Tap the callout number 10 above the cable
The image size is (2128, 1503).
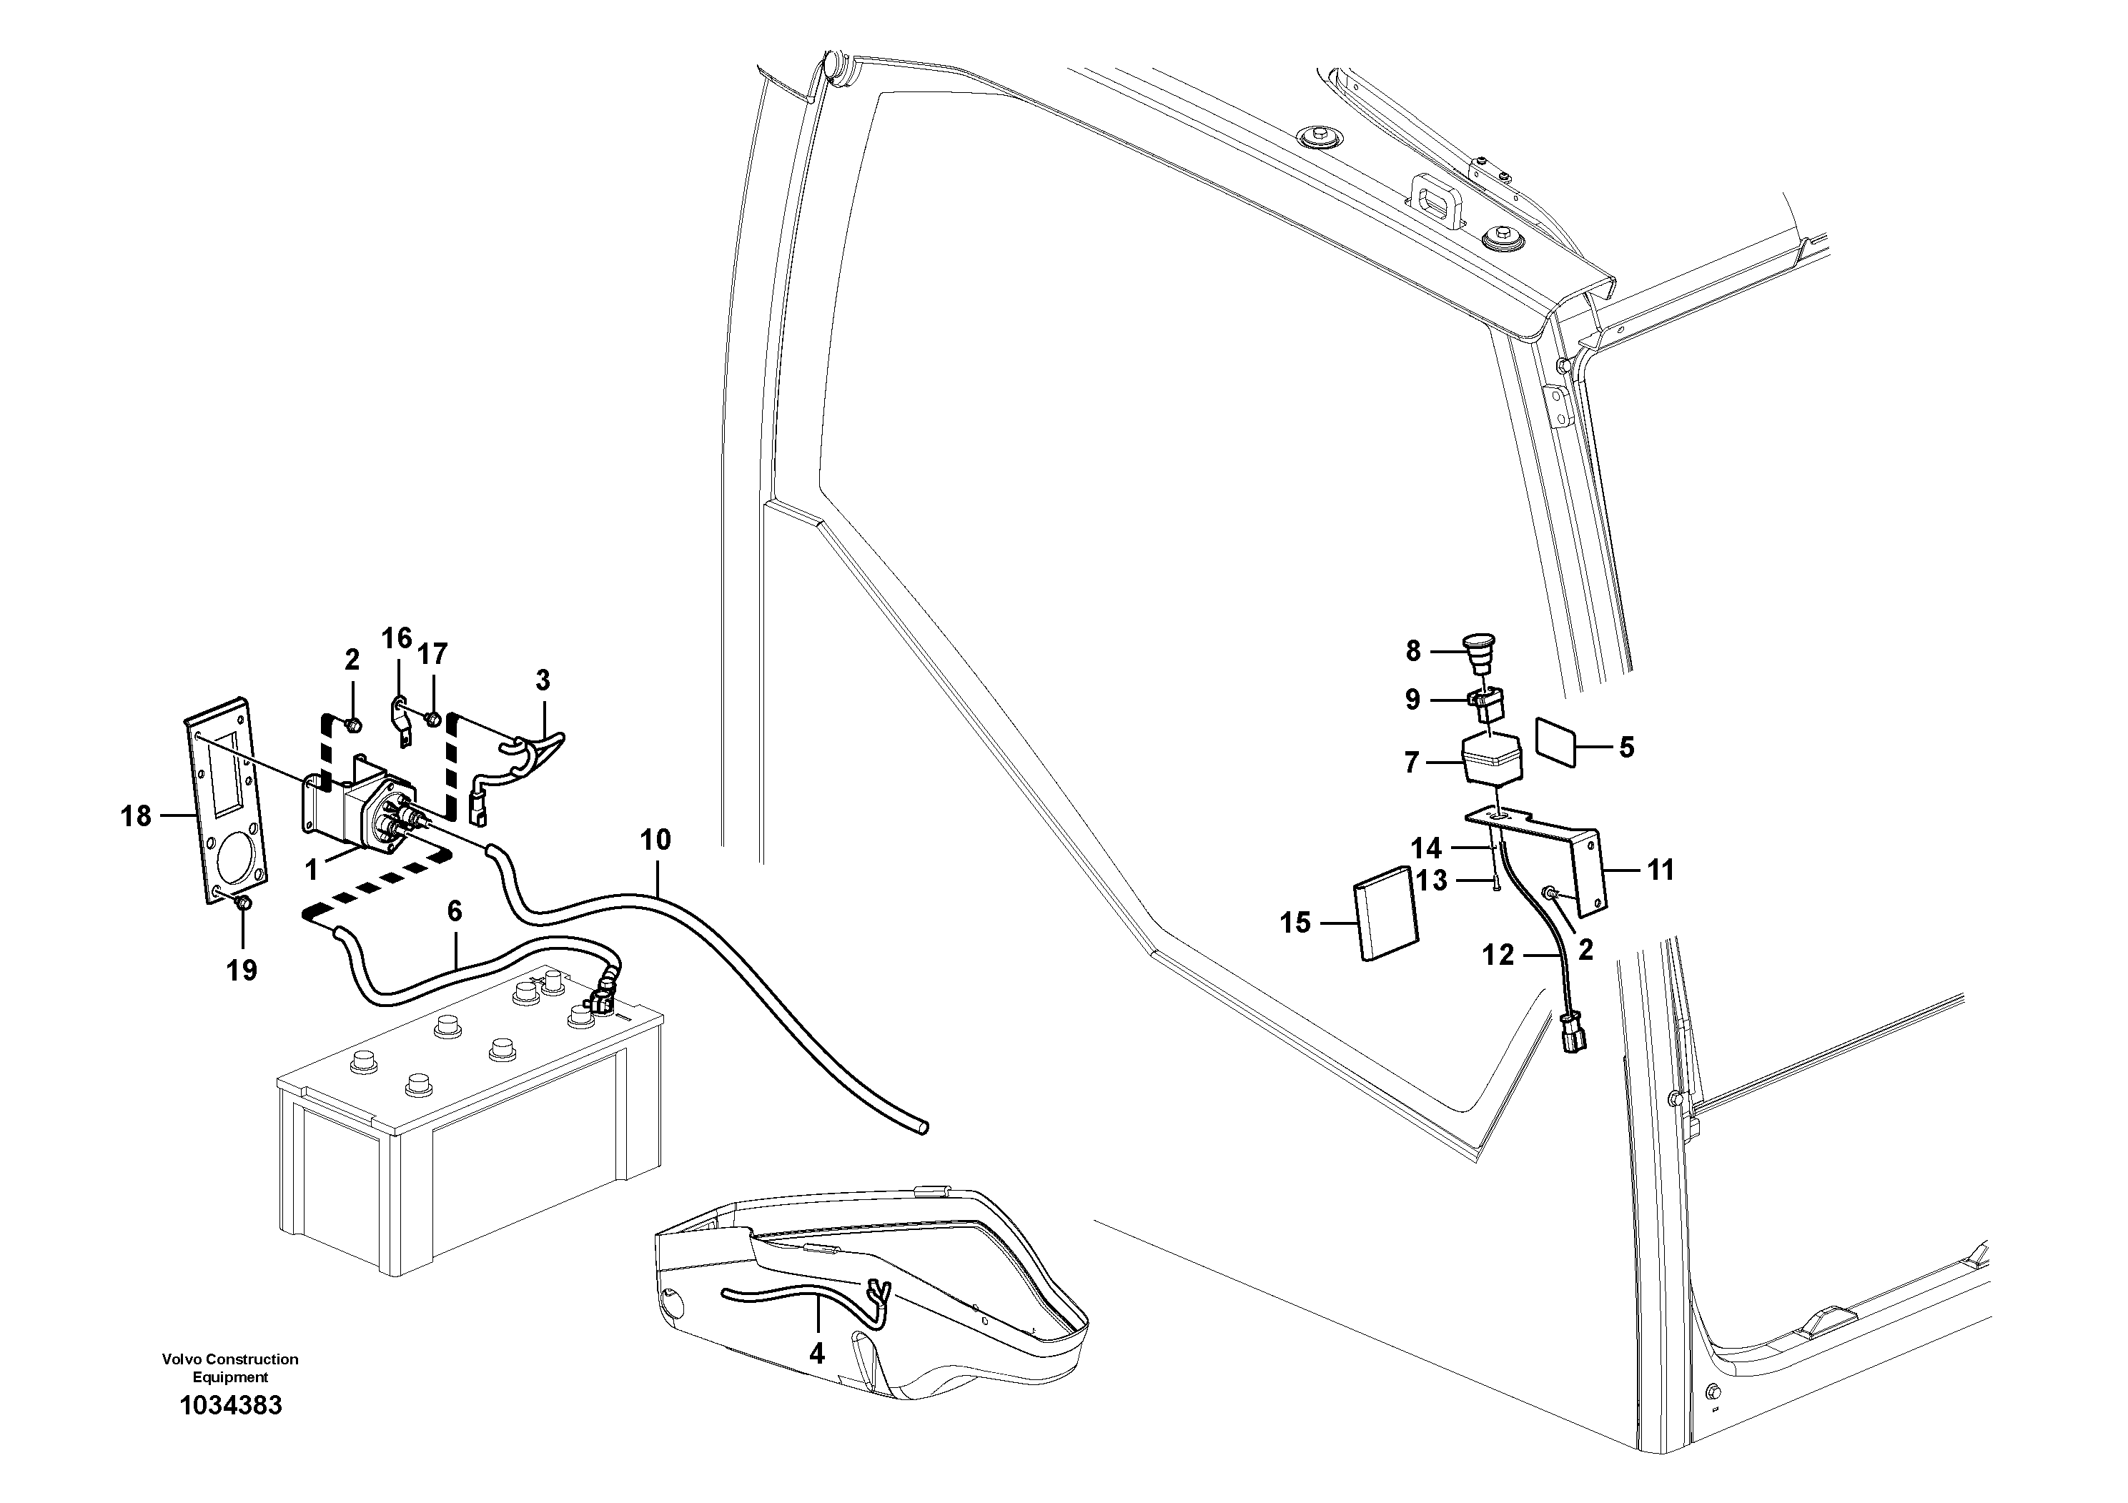[655, 840]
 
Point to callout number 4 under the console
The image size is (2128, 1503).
[816, 1354]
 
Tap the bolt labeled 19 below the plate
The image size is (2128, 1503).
[244, 903]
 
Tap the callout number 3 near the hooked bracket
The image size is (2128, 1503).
[543, 680]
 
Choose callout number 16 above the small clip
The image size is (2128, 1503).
[397, 638]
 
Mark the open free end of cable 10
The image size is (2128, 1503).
[921, 1128]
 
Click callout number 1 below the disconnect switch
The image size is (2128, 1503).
[312, 869]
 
